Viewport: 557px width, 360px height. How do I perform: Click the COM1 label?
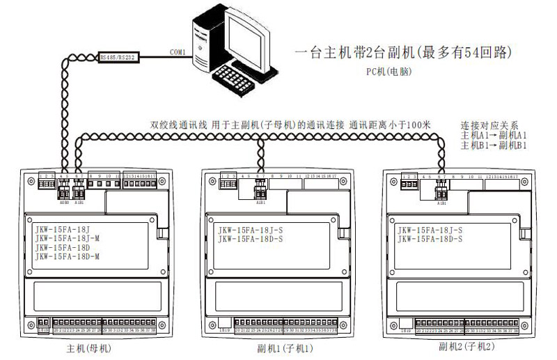pos(178,51)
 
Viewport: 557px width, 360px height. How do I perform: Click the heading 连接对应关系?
pos(488,126)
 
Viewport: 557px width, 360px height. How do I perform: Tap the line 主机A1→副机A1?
pos(494,135)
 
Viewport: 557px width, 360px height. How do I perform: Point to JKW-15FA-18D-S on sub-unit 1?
pos(255,240)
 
